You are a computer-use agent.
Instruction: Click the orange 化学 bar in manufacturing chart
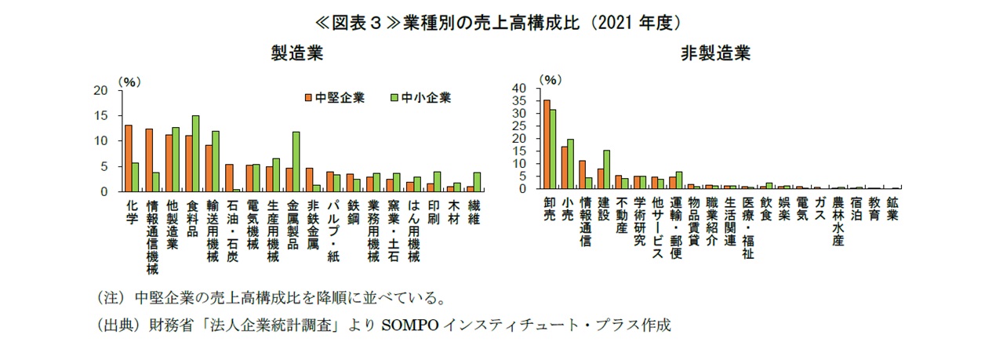tap(128, 158)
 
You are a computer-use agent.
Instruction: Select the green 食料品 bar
tap(195, 153)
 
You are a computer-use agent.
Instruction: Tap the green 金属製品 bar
tap(296, 161)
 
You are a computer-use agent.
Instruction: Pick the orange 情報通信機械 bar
tap(148, 160)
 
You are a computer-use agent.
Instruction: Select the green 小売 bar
tap(570, 163)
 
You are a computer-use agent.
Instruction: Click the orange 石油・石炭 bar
tap(229, 177)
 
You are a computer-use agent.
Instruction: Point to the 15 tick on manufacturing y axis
tap(100, 115)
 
